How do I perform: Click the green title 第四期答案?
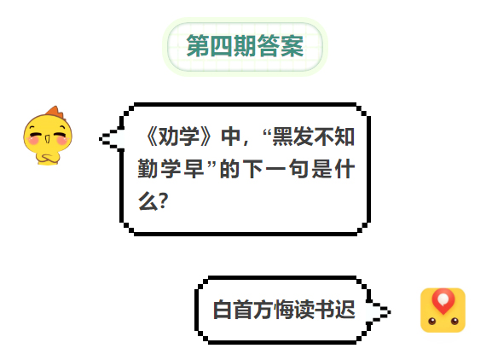coord(245,46)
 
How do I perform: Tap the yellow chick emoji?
coord(48,136)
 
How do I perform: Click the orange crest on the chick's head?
coord(56,112)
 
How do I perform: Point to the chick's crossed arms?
coord(48,159)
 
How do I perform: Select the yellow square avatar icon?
coord(443,311)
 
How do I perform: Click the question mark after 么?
coord(164,200)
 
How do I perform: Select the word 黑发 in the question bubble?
coord(292,136)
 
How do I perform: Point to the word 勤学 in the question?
coord(159,169)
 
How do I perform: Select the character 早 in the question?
coord(194,169)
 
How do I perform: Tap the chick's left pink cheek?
coord(33,139)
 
